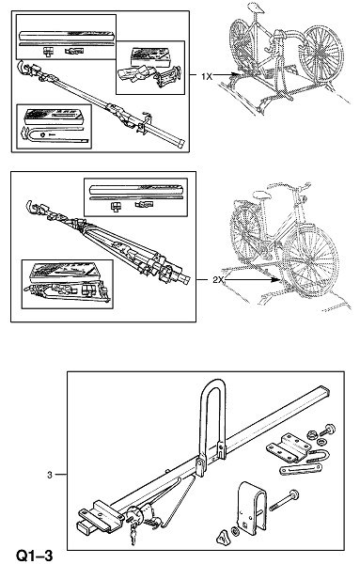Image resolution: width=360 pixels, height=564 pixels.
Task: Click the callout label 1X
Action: (x=207, y=76)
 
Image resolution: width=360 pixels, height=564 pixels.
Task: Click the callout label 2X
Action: (x=218, y=279)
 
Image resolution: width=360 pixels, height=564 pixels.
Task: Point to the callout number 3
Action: (x=50, y=475)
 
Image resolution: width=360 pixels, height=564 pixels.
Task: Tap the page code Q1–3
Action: (x=35, y=556)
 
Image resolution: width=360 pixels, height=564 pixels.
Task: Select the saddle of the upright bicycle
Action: (x=261, y=195)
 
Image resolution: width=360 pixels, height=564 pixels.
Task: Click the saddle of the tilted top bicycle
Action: (x=256, y=8)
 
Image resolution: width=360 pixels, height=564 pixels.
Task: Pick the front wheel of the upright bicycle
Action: (x=310, y=260)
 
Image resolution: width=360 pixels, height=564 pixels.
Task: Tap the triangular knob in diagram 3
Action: (x=222, y=538)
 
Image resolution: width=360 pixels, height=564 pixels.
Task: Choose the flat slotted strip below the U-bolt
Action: (x=301, y=469)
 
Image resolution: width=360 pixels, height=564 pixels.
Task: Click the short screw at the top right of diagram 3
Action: (x=328, y=430)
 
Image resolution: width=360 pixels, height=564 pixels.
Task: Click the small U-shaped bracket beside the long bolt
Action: (x=252, y=508)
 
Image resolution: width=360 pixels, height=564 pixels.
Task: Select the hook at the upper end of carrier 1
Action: (x=23, y=68)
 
